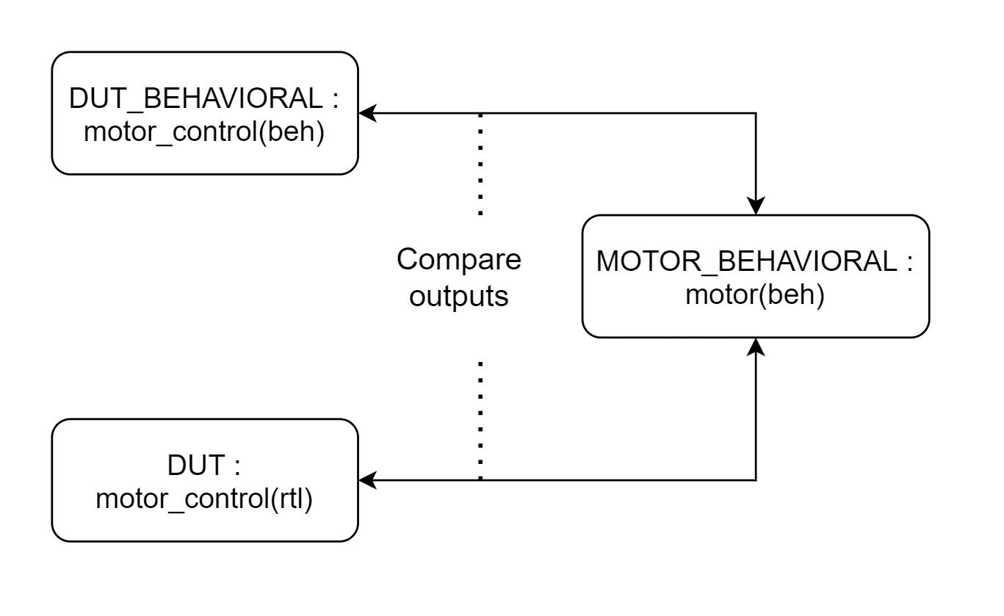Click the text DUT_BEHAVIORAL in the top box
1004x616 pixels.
click(196, 99)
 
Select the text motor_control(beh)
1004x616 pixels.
click(204, 131)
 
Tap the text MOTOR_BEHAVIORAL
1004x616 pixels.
click(747, 261)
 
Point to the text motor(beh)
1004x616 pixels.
click(755, 294)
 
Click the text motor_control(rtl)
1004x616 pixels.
click(204, 499)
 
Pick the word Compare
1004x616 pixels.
click(459, 260)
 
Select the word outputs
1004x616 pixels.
click(459, 297)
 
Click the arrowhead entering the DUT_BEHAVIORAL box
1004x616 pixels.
click(367, 113)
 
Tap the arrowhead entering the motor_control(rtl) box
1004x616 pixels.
click(367, 480)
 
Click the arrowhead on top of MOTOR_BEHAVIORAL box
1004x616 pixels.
click(756, 206)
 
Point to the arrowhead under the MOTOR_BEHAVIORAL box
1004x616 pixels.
click(756, 347)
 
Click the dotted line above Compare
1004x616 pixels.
click(480, 164)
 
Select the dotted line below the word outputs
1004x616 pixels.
click(480, 421)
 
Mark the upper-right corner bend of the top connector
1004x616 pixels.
click(756, 113)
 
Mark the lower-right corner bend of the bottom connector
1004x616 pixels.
click(756, 480)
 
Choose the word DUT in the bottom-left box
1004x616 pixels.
click(196, 465)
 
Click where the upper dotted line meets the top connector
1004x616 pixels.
click(480, 113)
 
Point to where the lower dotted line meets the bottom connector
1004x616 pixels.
click(480, 480)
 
